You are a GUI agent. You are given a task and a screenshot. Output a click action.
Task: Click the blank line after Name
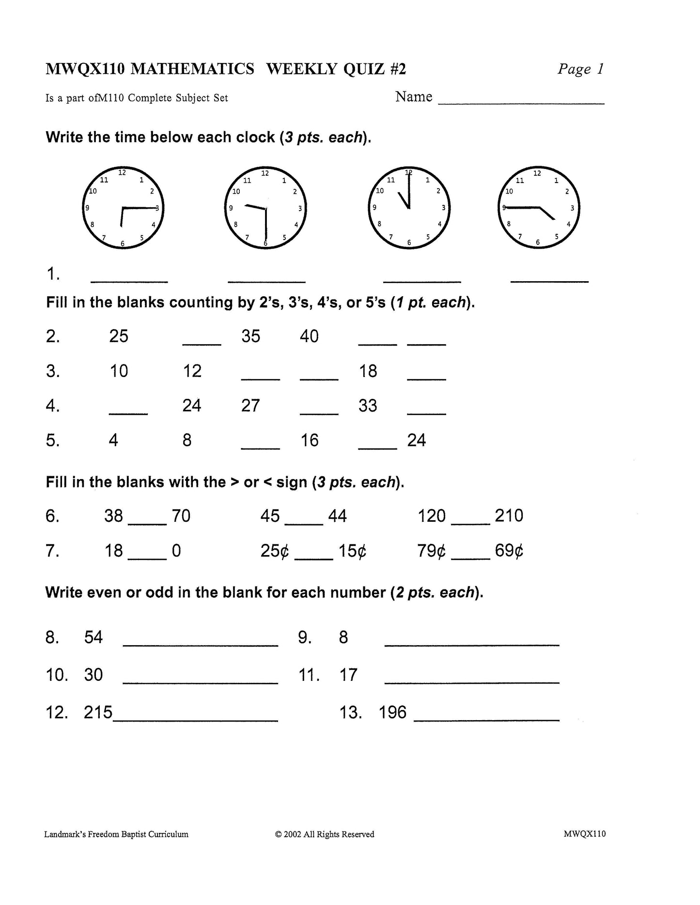point(521,102)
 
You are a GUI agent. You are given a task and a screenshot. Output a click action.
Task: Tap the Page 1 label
point(580,69)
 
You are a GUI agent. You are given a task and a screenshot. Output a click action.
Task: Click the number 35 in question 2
point(251,336)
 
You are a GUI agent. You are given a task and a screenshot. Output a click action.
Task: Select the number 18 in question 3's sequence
point(368,371)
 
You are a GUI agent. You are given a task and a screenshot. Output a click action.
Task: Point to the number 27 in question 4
point(250,406)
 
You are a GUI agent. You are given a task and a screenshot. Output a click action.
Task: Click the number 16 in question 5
point(310,440)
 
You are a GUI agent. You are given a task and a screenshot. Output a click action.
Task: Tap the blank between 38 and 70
point(147,523)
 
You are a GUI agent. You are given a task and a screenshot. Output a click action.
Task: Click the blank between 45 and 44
point(304,523)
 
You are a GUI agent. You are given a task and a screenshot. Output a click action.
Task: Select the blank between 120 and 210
point(470,523)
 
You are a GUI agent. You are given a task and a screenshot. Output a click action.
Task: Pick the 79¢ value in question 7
point(431,551)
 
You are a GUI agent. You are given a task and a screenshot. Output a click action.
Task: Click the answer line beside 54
point(201,644)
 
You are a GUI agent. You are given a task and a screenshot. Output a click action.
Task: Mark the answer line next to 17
point(472,681)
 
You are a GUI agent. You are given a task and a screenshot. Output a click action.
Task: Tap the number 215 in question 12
point(98,712)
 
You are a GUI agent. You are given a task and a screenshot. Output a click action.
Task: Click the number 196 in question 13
point(392,712)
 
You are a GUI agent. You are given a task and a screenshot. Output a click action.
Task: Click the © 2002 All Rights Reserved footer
point(325,834)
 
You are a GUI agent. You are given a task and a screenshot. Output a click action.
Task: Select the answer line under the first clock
point(129,281)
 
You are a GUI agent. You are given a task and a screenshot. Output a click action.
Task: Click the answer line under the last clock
point(549,281)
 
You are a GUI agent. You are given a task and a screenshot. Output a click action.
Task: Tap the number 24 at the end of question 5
point(417,440)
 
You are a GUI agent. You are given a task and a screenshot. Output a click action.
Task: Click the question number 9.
point(305,637)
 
